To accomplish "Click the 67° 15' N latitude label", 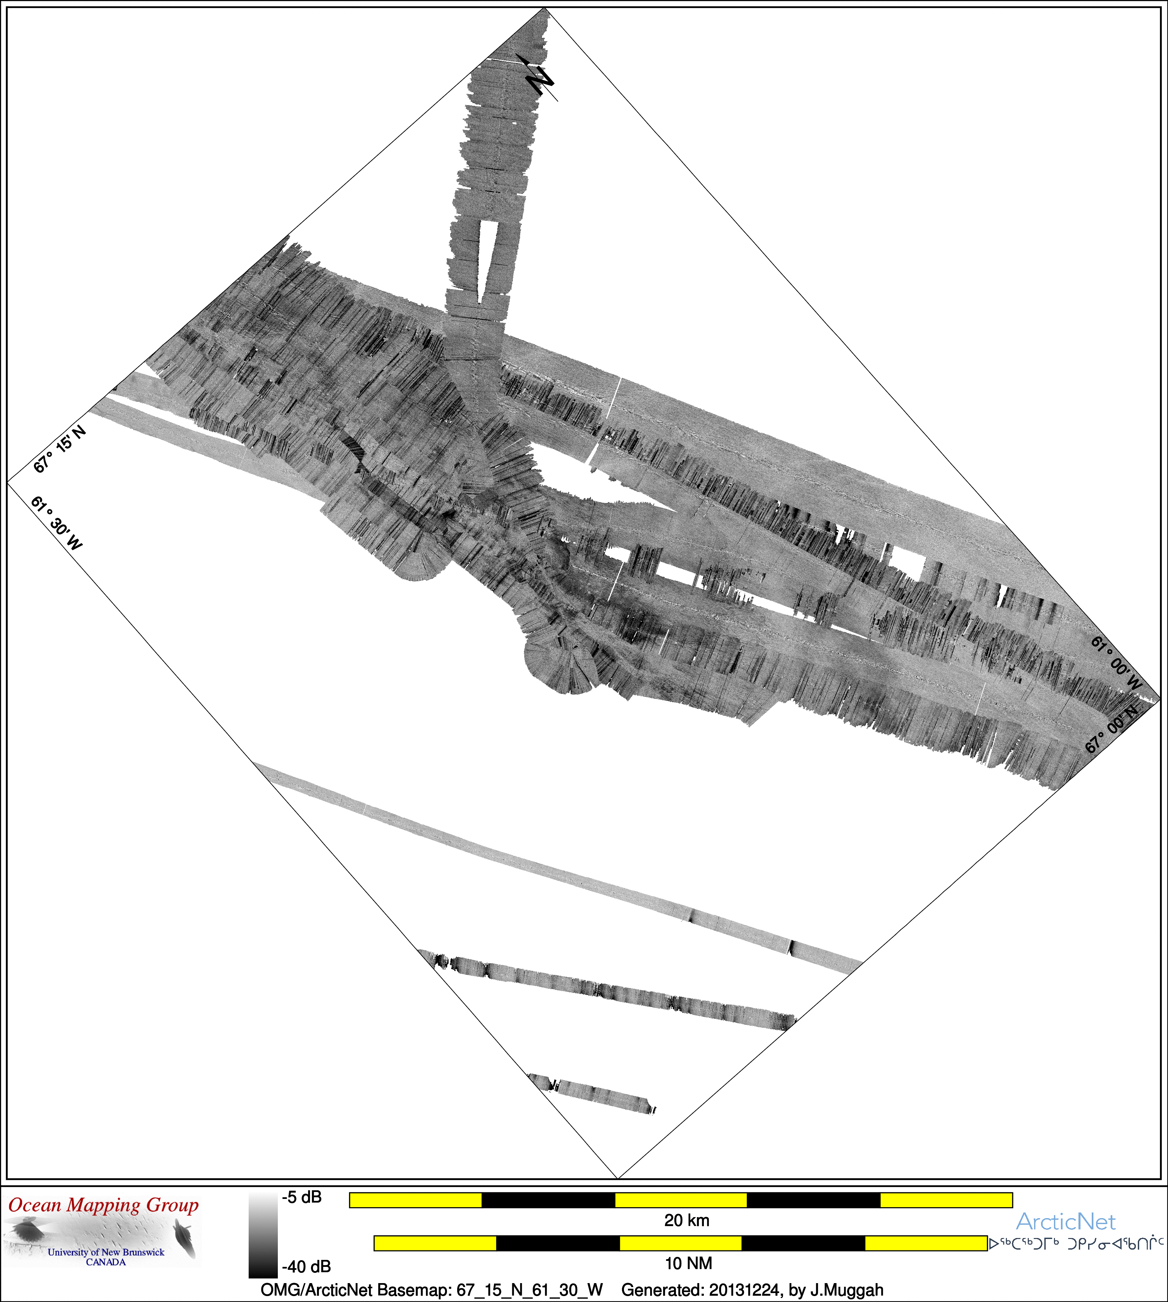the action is pyautogui.click(x=59, y=449).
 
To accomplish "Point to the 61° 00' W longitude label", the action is pyautogui.click(x=1117, y=663).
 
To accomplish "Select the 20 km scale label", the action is pyautogui.click(x=687, y=1220).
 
